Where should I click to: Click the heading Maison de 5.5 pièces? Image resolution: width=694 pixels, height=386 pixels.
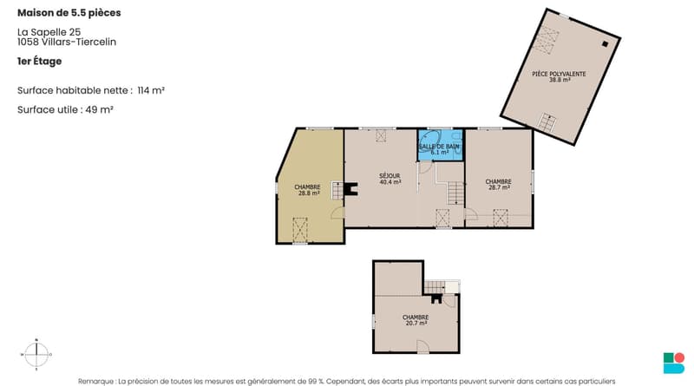coord(69,13)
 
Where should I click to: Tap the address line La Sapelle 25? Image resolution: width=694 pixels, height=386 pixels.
coord(49,32)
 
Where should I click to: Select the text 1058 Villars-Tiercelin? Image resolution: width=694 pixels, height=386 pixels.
coord(67,42)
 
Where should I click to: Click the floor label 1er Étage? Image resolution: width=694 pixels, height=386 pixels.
coord(39,61)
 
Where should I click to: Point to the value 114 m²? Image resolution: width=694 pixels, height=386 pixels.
coord(151,90)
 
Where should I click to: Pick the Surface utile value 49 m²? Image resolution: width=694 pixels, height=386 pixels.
coord(99,110)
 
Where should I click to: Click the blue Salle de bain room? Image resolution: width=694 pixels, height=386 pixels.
coord(441,145)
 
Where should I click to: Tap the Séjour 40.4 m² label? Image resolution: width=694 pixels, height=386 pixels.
coord(390,179)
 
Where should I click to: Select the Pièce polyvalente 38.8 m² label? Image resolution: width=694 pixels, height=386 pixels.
coord(559,77)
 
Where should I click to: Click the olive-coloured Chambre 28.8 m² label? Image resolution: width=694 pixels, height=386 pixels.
coord(307,190)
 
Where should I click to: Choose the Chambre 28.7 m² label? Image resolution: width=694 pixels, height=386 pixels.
coord(498,185)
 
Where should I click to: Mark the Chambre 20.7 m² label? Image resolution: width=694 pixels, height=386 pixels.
coord(416,320)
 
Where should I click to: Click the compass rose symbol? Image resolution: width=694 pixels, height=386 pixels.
coord(36,354)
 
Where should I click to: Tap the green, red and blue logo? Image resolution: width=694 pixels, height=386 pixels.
coord(674,363)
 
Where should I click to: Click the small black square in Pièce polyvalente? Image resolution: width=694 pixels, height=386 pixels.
coord(605,43)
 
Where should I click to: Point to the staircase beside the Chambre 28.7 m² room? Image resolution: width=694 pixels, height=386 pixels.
coord(455,193)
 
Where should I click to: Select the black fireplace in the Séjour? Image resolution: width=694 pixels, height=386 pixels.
coord(352,189)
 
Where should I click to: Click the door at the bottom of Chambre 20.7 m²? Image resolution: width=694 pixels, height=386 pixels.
coord(422,347)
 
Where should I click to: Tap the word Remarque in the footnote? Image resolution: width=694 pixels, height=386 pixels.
coord(95,381)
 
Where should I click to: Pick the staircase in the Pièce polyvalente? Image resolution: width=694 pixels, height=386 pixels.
coord(547,122)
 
